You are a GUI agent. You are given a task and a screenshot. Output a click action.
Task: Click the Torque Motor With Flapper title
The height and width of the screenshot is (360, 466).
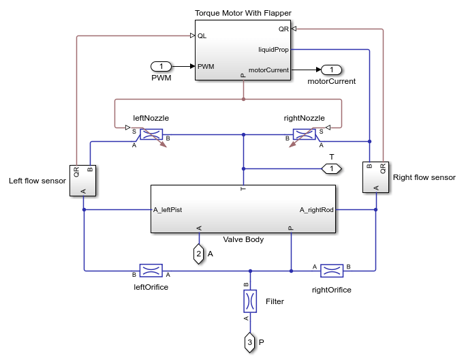click(243, 13)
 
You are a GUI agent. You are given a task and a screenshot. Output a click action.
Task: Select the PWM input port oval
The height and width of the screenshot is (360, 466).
click(161, 67)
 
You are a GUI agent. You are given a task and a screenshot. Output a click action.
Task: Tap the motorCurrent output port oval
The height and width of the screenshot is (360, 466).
click(331, 70)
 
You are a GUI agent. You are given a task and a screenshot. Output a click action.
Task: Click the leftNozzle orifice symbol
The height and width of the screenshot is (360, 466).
click(151, 134)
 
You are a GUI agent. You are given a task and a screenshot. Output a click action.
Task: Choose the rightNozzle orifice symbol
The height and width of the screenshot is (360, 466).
click(304, 134)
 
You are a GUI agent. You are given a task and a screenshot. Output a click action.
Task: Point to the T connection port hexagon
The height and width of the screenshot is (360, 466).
click(331, 168)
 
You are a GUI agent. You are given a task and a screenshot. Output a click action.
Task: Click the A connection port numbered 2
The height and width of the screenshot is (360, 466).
click(198, 254)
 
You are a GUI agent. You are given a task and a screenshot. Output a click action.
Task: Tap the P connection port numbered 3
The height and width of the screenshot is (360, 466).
click(250, 342)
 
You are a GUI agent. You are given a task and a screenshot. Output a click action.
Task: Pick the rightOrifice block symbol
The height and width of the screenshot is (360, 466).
click(332, 271)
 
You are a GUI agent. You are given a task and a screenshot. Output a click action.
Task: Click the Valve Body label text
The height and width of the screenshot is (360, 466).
click(243, 240)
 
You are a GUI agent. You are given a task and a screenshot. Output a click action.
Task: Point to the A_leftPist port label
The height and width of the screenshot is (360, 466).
click(168, 210)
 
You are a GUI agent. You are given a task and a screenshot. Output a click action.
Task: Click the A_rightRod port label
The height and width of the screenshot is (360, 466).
click(317, 210)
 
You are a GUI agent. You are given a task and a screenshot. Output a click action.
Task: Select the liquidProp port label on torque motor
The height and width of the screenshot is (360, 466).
click(274, 49)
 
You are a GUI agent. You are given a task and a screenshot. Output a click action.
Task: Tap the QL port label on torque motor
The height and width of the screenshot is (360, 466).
click(202, 36)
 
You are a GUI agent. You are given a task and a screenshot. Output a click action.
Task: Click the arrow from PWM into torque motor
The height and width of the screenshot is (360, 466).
click(185, 67)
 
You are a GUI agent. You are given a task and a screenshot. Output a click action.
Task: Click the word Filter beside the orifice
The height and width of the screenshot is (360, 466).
click(275, 301)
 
